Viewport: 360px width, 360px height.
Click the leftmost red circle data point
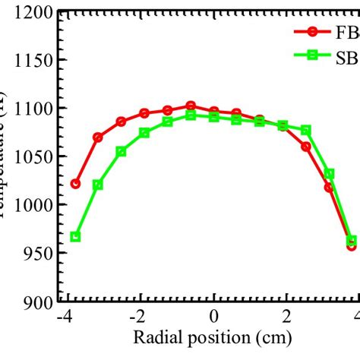pos(74,184)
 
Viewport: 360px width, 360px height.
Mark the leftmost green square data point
pos(75,236)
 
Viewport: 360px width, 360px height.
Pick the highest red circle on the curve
pos(191,106)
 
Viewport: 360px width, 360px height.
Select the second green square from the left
pos(98,185)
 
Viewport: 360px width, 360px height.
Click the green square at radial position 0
pos(214,117)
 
